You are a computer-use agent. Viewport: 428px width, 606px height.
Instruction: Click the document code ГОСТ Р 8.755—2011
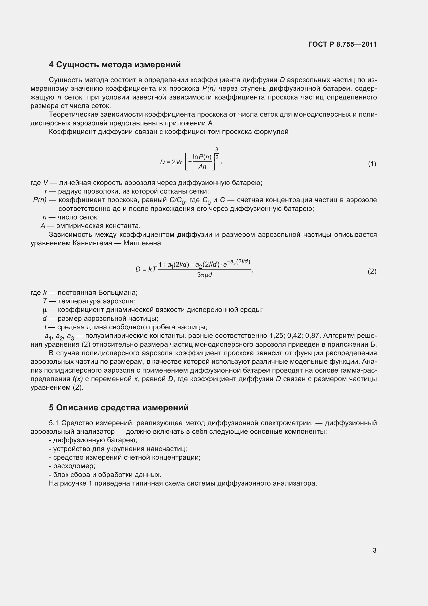coord(342,44)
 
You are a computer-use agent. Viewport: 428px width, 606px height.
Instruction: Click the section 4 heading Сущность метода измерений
coord(115,65)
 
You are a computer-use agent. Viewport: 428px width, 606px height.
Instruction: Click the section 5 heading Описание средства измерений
coord(119,408)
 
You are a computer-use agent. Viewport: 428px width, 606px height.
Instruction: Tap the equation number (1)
coord(372,164)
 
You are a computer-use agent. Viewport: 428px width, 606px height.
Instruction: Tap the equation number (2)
coord(372,271)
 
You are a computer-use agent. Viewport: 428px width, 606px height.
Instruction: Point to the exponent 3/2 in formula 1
coord(217,154)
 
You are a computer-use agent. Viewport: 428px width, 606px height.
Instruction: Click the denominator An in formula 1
coord(202,167)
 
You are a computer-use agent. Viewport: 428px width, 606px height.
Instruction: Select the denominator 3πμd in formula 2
coord(205,275)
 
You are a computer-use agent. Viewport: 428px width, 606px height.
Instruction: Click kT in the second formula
coord(153,269)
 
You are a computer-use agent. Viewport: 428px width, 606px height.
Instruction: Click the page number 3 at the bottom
coord(374,550)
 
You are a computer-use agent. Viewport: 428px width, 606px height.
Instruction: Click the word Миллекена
coord(142,243)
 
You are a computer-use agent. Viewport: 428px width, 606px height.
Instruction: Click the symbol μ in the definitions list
coord(45,310)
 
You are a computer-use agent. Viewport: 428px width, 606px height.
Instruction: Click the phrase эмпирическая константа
coord(98,226)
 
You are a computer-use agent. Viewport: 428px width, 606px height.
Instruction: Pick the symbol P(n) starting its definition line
coord(40,200)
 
